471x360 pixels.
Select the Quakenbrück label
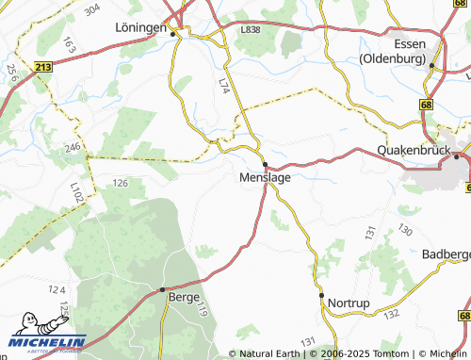[414, 150]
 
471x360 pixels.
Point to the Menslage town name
[265, 176]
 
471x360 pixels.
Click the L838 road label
[250, 30]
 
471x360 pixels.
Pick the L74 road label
[223, 85]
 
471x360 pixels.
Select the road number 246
[73, 147]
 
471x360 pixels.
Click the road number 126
[120, 182]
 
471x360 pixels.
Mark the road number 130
[405, 231]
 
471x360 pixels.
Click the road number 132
[392, 312]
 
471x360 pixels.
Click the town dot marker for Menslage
[265, 164]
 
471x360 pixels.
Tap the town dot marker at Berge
[163, 288]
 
